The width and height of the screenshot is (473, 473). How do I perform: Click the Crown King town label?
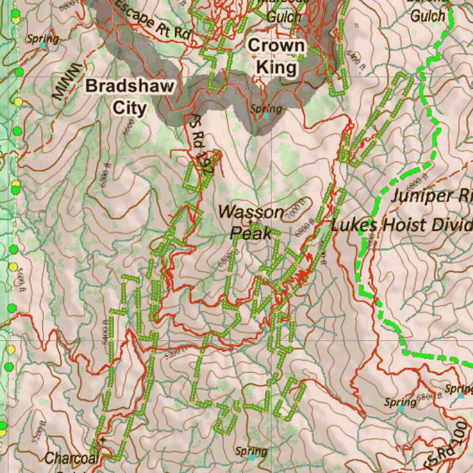(x=276, y=57)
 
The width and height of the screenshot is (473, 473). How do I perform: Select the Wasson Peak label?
(x=251, y=222)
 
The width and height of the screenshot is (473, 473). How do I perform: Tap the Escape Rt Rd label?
(x=153, y=20)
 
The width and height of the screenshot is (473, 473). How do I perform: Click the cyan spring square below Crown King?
(x=266, y=115)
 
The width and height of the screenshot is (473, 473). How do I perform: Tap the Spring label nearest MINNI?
(x=42, y=39)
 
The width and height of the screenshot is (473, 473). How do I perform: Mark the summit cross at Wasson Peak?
(x=250, y=222)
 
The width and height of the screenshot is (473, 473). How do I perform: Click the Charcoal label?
(x=72, y=458)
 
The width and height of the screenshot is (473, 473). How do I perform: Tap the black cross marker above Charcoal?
(x=103, y=440)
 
